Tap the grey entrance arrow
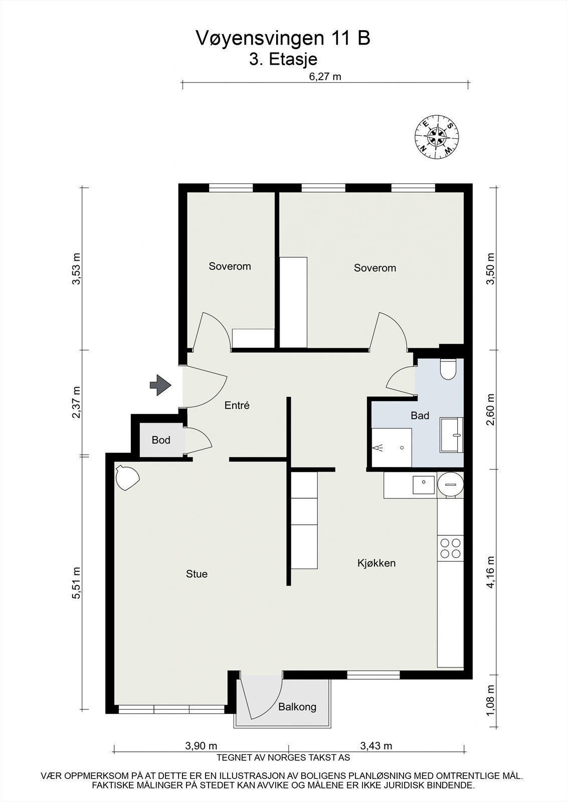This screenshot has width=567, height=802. (x=160, y=385)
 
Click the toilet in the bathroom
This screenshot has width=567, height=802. (x=447, y=370)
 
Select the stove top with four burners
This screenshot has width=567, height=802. (x=450, y=548)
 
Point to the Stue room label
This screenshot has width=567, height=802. (x=197, y=574)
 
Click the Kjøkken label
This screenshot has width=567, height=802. (x=376, y=563)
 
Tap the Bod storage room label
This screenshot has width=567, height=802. (x=161, y=440)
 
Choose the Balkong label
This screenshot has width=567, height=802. (x=297, y=707)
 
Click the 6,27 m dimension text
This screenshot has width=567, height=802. (x=325, y=77)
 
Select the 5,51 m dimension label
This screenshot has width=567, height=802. (x=76, y=582)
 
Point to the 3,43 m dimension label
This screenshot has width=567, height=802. (x=376, y=746)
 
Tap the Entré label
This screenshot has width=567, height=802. (x=237, y=406)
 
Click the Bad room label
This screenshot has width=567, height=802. (x=420, y=415)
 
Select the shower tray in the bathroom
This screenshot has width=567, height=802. (x=392, y=447)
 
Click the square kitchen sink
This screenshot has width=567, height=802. (x=424, y=485)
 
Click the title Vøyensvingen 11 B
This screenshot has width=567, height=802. (x=283, y=38)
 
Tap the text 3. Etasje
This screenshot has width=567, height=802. (x=283, y=59)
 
